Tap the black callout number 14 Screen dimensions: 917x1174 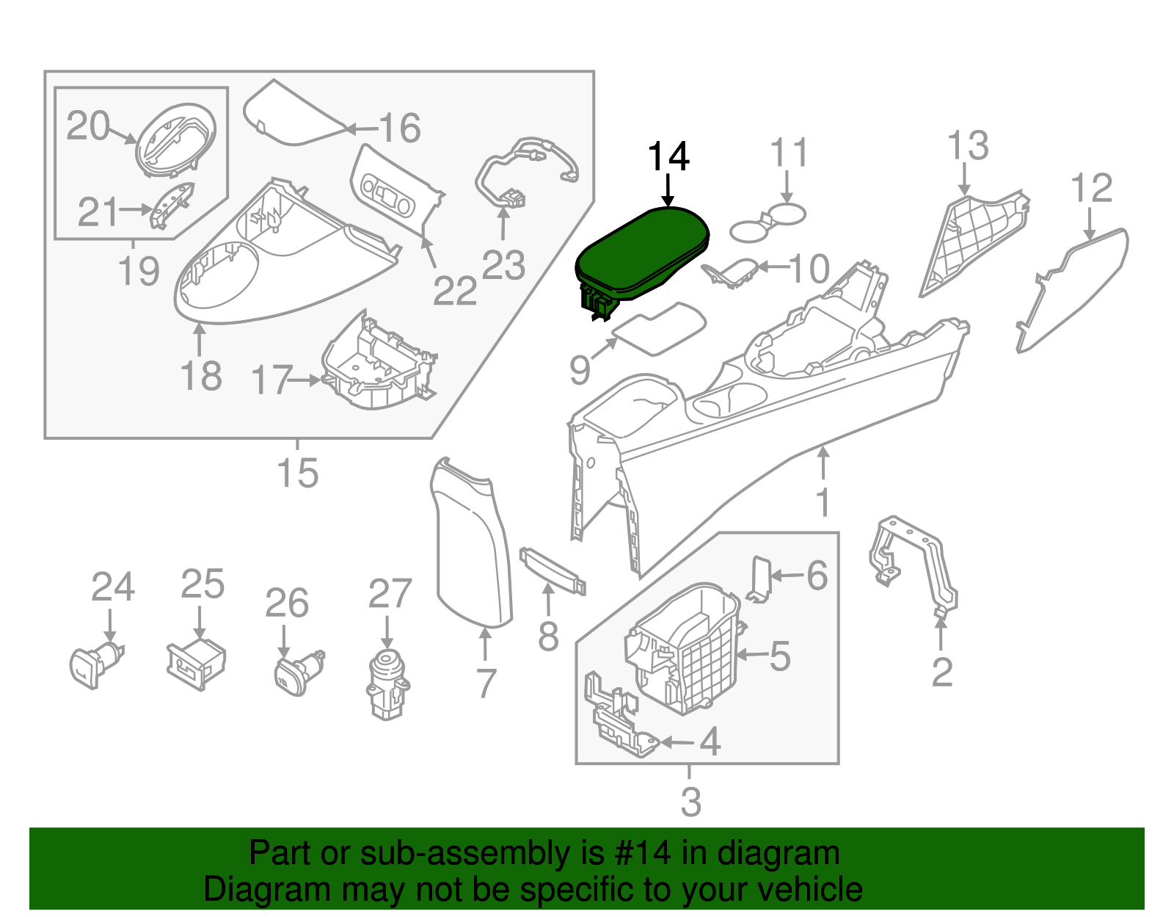click(x=668, y=157)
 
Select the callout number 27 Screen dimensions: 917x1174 click(x=390, y=593)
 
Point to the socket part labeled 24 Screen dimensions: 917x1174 click(x=95, y=664)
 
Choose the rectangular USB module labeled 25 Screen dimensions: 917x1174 click(x=197, y=664)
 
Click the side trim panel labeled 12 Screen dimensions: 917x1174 click(x=1075, y=286)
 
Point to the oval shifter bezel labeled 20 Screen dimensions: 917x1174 click(x=176, y=139)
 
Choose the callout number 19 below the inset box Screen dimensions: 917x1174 click(x=139, y=272)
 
